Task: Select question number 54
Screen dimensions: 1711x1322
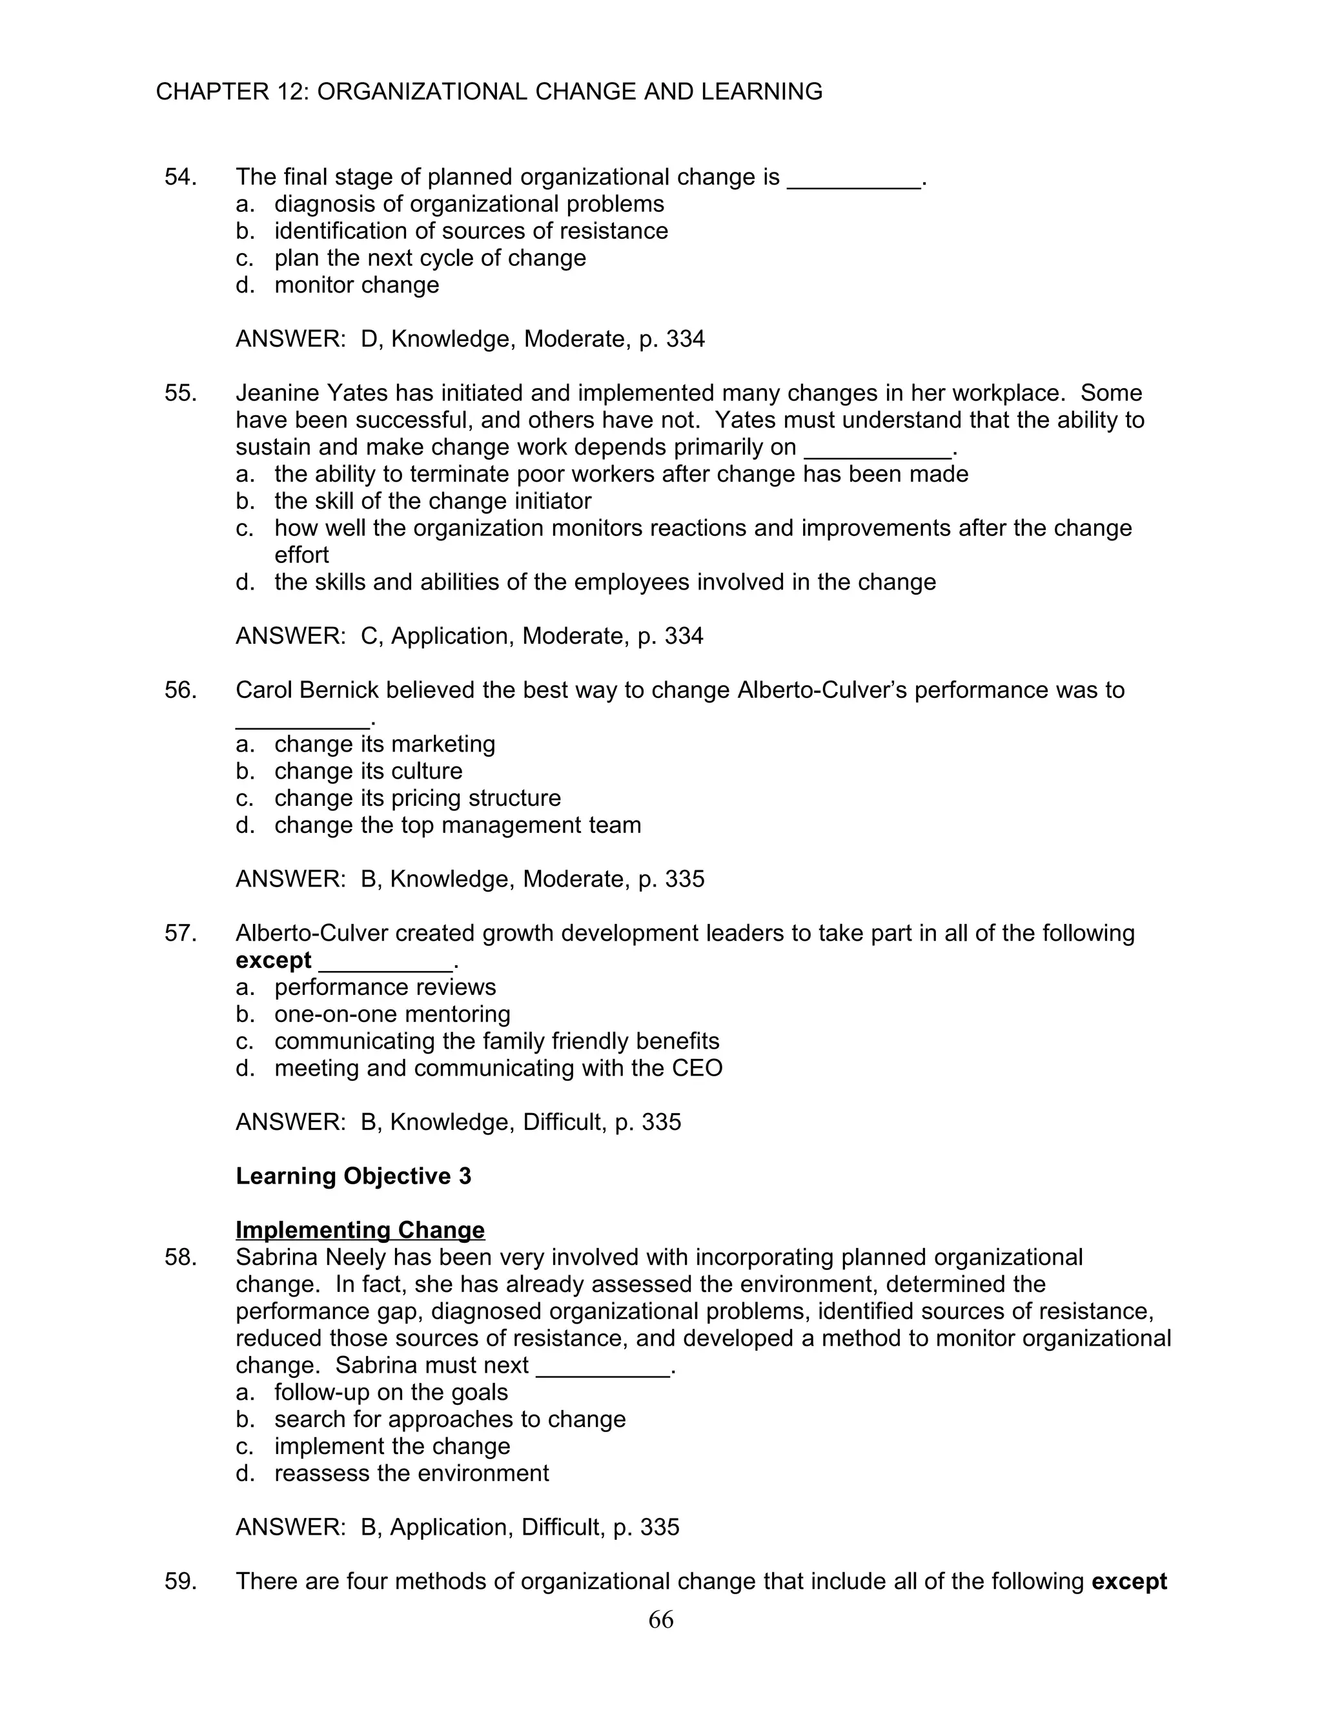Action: click(179, 177)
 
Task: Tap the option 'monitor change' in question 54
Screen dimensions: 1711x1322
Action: click(356, 285)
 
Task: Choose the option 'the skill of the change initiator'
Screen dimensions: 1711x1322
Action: click(432, 502)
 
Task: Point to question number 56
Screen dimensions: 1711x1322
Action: click(179, 690)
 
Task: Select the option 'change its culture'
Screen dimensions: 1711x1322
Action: click(368, 772)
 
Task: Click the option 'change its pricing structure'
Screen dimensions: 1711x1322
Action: click(418, 798)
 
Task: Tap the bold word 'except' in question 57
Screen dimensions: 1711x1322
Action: click(273, 961)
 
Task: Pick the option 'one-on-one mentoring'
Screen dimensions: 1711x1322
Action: click(392, 1014)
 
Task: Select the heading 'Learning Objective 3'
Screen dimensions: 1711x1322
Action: click(353, 1176)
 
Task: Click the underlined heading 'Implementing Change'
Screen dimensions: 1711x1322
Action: click(360, 1231)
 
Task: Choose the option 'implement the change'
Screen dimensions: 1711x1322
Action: click(392, 1447)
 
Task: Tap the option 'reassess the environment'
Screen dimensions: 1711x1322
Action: click(411, 1473)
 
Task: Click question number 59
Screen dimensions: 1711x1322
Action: click(179, 1582)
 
